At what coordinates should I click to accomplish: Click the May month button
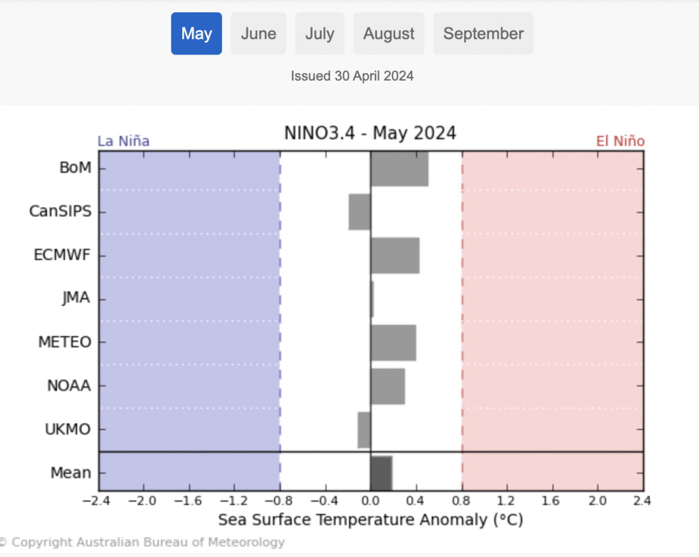click(x=197, y=33)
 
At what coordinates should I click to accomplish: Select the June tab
click(x=259, y=33)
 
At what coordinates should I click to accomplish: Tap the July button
click(x=319, y=33)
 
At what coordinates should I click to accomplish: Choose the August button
click(x=388, y=33)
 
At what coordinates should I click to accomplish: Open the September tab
click(x=483, y=33)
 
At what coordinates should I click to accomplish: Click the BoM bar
click(x=399, y=168)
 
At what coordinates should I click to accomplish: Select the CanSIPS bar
click(x=360, y=212)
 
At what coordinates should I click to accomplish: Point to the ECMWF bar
click(x=395, y=255)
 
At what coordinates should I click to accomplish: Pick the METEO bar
click(x=393, y=342)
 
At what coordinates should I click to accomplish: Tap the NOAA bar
click(x=388, y=386)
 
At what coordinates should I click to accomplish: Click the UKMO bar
click(x=364, y=429)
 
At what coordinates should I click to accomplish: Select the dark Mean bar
click(x=381, y=472)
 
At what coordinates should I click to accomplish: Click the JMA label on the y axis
click(x=76, y=298)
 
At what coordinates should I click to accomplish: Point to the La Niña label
click(x=124, y=141)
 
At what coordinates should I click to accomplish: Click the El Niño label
click(x=620, y=141)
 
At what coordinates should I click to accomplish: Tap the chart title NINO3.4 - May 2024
click(x=370, y=132)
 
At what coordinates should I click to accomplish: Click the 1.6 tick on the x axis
click(x=552, y=501)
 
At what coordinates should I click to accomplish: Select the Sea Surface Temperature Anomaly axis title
click(x=370, y=520)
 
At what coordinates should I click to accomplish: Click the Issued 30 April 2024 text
click(x=352, y=76)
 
